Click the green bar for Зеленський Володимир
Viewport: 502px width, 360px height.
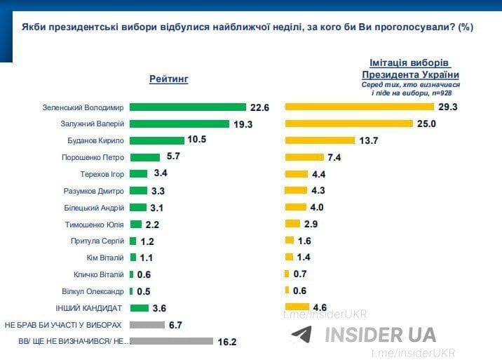coord(187,107)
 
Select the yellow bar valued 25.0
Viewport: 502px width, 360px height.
coord(348,124)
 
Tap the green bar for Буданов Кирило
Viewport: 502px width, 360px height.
coord(157,140)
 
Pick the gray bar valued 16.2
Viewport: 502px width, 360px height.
coord(171,341)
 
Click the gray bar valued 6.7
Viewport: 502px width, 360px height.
coord(147,325)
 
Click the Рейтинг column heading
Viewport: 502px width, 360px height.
coord(169,79)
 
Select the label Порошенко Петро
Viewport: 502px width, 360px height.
coord(93,157)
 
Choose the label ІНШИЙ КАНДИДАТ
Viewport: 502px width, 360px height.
coord(89,308)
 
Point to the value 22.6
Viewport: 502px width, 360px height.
coord(259,107)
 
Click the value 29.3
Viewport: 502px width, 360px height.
coord(447,107)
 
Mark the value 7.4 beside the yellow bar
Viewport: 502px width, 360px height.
coord(334,157)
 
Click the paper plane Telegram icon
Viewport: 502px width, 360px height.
coord(301,334)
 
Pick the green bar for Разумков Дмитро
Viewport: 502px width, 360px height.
coord(138,191)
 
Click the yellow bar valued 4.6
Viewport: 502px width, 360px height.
coord(297,307)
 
